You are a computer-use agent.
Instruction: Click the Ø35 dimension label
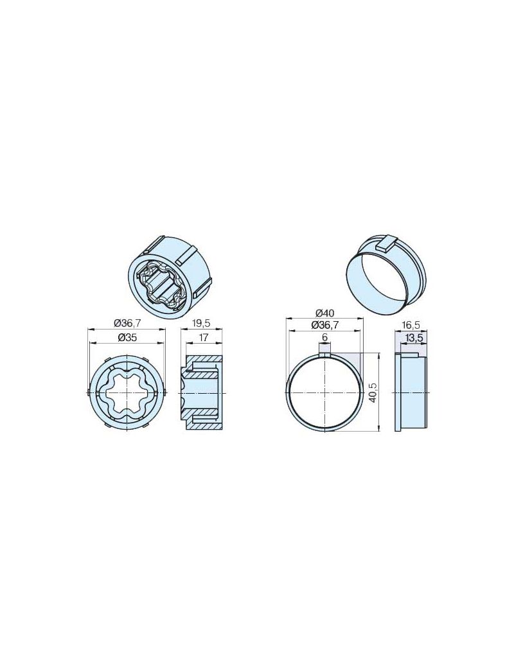pyautogui.click(x=126, y=337)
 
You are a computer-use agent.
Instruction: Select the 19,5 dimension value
pyautogui.click(x=202, y=323)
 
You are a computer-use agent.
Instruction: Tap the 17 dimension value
pyautogui.click(x=203, y=337)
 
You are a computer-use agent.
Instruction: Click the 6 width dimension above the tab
pyautogui.click(x=324, y=337)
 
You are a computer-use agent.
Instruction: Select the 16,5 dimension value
pyautogui.click(x=411, y=325)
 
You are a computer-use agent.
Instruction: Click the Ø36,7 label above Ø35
pyautogui.click(x=127, y=323)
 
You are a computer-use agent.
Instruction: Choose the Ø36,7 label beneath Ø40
pyautogui.click(x=324, y=325)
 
